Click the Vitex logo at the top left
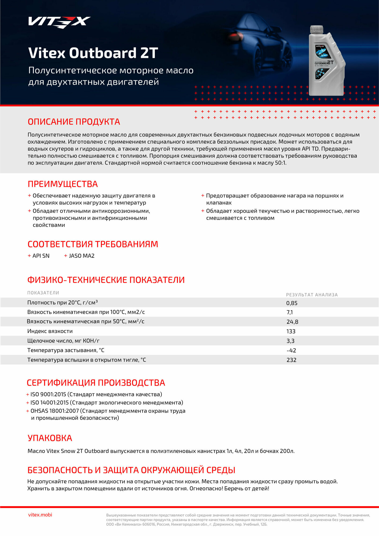pos(59,22)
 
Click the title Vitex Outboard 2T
pos(93,53)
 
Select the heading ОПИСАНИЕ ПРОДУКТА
pos(74,122)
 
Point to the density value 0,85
pos(292,303)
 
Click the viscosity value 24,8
pos(292,322)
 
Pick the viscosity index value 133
pos(291,332)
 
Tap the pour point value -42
pos(291,351)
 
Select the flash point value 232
pos(291,360)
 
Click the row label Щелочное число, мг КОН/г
pos(63,341)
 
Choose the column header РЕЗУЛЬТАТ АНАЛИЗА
pos(312,295)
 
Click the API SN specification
pos(41,256)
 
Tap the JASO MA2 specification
pos(82,256)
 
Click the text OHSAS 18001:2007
pos(55,411)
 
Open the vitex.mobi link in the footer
pos(40,515)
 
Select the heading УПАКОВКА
pos(50,438)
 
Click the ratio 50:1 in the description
pos(280,163)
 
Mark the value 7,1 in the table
pos(290,312)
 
